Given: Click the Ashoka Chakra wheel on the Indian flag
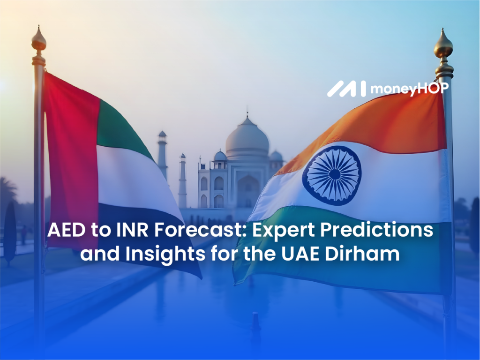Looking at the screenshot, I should (334, 174).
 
